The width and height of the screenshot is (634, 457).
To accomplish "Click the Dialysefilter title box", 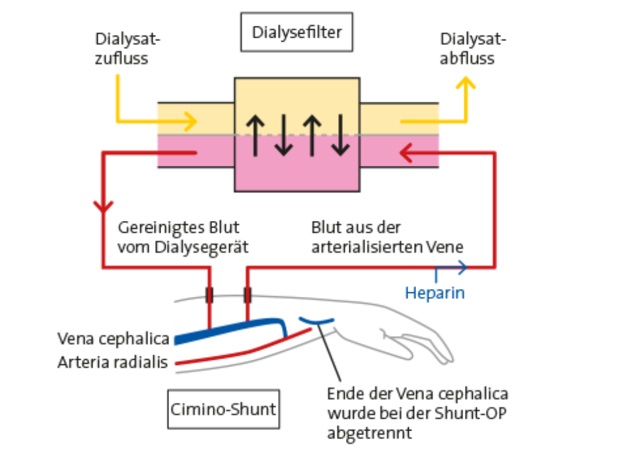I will coord(297,32).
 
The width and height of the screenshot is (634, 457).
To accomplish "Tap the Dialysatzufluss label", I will coord(128,49).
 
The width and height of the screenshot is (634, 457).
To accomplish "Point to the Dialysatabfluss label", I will coord(473,49).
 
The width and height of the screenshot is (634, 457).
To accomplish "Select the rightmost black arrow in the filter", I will coord(340,134).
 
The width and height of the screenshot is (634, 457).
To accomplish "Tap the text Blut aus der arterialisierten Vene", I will coord(388,237).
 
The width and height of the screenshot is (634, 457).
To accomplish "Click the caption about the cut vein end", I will coord(417,413).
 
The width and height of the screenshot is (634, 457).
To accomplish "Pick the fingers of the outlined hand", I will coord(423,345).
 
